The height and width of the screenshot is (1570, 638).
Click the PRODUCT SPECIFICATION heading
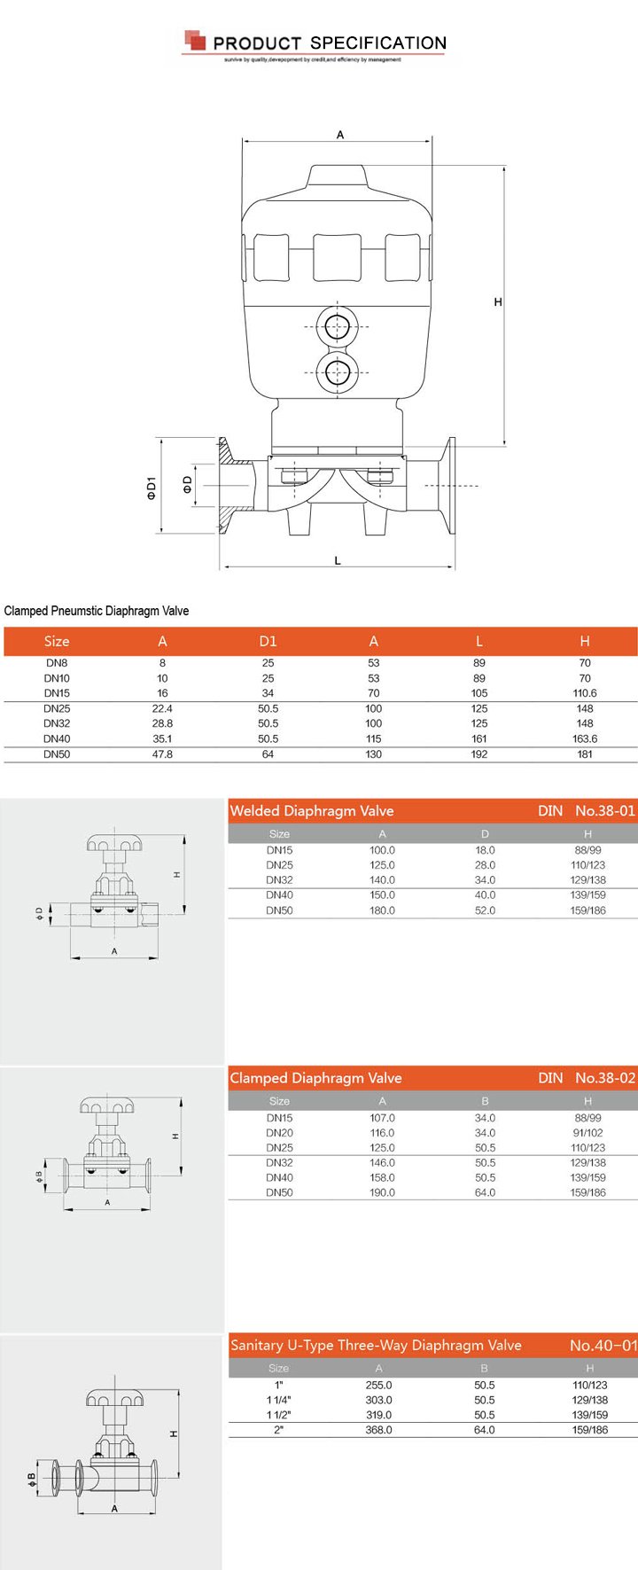click(329, 43)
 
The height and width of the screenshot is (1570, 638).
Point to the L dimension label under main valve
click(338, 560)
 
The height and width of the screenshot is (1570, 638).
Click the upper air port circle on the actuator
click(337, 327)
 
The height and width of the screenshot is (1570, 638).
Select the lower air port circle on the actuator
click(337, 372)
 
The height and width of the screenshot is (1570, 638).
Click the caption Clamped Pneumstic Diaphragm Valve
click(97, 611)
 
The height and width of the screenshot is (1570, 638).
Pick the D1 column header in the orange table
click(268, 641)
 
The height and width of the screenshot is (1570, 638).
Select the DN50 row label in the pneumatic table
click(57, 754)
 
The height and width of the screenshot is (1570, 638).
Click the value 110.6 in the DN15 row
click(585, 693)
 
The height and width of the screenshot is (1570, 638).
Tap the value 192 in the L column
click(479, 754)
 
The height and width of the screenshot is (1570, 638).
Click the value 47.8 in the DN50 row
click(162, 754)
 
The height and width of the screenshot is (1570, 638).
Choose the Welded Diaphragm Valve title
click(312, 810)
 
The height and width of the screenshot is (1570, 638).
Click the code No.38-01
click(605, 810)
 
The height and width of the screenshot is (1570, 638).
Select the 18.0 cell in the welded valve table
click(485, 850)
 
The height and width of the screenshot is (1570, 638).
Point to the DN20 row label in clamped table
click(279, 1133)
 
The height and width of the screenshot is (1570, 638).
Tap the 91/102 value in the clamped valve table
click(587, 1133)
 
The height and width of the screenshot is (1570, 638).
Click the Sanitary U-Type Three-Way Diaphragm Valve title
click(376, 1345)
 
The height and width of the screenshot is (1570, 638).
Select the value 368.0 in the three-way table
click(378, 1430)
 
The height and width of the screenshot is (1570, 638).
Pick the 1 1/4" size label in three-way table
click(279, 1400)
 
